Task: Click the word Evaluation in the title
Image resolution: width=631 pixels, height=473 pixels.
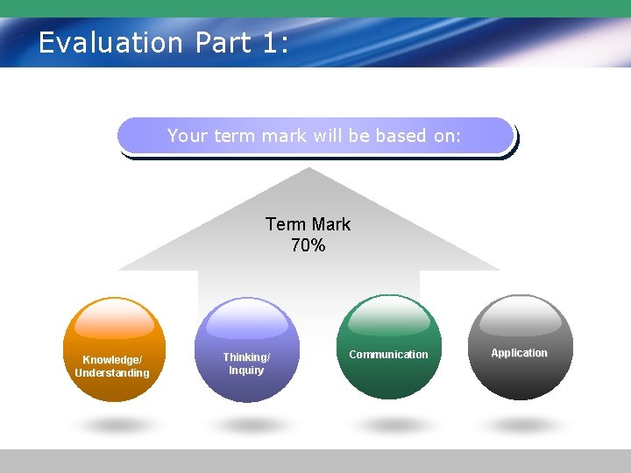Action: point(110,42)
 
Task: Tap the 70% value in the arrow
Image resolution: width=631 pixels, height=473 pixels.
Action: point(308,246)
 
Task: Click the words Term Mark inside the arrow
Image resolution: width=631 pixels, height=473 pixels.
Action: point(308,224)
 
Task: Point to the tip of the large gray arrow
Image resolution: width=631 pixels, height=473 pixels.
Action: point(308,170)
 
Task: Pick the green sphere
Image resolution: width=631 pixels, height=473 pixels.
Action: point(389,347)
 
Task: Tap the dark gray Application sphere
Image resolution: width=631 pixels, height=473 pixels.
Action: point(521,347)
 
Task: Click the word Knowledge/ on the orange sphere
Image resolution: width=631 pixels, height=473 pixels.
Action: point(112,360)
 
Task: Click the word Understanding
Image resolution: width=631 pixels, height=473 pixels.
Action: point(112,373)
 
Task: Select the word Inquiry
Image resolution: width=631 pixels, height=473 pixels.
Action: point(246,371)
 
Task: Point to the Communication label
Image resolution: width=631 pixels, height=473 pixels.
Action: point(388,355)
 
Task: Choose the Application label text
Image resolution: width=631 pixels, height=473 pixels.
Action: point(519,353)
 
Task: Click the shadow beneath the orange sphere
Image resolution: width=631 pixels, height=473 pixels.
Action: point(115,426)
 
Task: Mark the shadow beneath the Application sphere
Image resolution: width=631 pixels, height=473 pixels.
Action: point(521,426)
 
